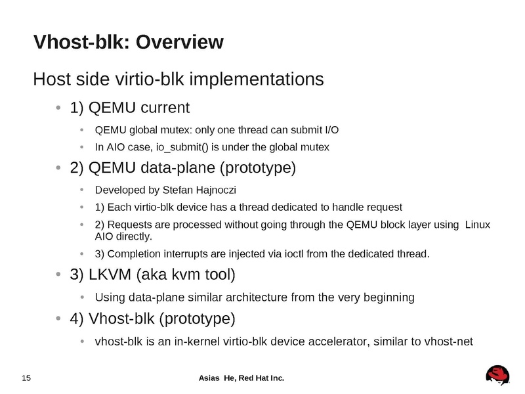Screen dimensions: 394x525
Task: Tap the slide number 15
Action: [x=27, y=378]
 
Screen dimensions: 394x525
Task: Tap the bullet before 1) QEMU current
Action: [x=59, y=108]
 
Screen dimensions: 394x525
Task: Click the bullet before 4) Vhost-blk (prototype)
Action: [x=59, y=319]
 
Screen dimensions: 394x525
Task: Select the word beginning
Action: [x=390, y=297]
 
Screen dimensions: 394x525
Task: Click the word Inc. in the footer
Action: [x=278, y=378]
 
